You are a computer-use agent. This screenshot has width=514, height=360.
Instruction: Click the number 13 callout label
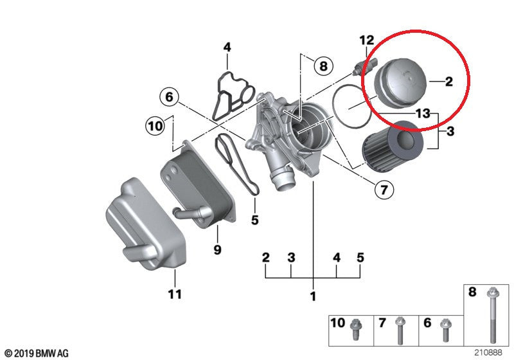[x=423, y=113]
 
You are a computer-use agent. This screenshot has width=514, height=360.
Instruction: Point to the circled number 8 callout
[x=323, y=66]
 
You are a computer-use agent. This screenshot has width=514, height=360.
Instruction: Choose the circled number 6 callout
[x=169, y=96]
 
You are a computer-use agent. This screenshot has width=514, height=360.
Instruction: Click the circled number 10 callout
[x=155, y=125]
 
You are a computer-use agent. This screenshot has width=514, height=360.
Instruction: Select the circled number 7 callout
[x=384, y=189]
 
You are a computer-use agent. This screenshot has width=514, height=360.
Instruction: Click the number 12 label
[x=366, y=40]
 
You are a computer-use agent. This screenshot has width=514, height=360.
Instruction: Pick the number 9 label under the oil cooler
[x=217, y=250]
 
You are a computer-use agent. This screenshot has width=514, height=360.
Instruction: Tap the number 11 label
[x=175, y=294]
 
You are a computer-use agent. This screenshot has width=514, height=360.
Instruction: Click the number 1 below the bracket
[x=313, y=296]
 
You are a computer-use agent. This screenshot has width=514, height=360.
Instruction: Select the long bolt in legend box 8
[x=492, y=315]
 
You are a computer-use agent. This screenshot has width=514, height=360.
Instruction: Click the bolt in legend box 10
[x=355, y=329]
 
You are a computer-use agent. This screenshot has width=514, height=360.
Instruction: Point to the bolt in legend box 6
[x=445, y=329]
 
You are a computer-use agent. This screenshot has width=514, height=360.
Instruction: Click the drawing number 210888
[x=488, y=352]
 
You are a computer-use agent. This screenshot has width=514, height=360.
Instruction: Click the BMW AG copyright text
[x=37, y=354]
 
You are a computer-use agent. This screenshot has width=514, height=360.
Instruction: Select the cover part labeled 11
[x=146, y=224]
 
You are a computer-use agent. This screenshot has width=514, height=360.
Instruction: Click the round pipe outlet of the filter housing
[x=283, y=181]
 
